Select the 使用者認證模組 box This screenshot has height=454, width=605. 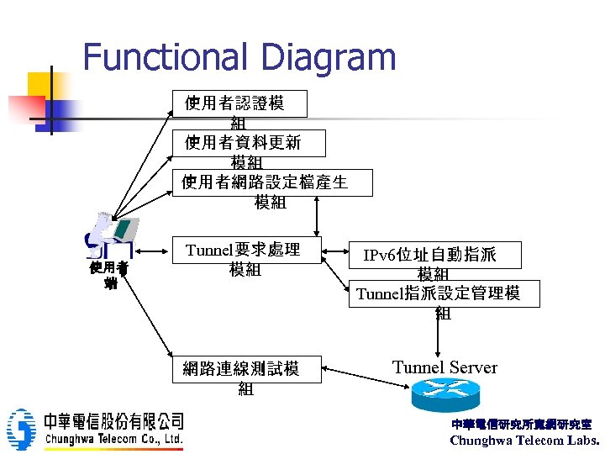239,103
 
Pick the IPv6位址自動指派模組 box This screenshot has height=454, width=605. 436,255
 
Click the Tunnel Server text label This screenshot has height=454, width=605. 445,367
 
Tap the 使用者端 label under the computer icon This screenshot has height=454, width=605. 109,275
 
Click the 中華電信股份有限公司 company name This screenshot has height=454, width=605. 114,420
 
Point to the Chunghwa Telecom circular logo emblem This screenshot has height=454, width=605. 21,429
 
